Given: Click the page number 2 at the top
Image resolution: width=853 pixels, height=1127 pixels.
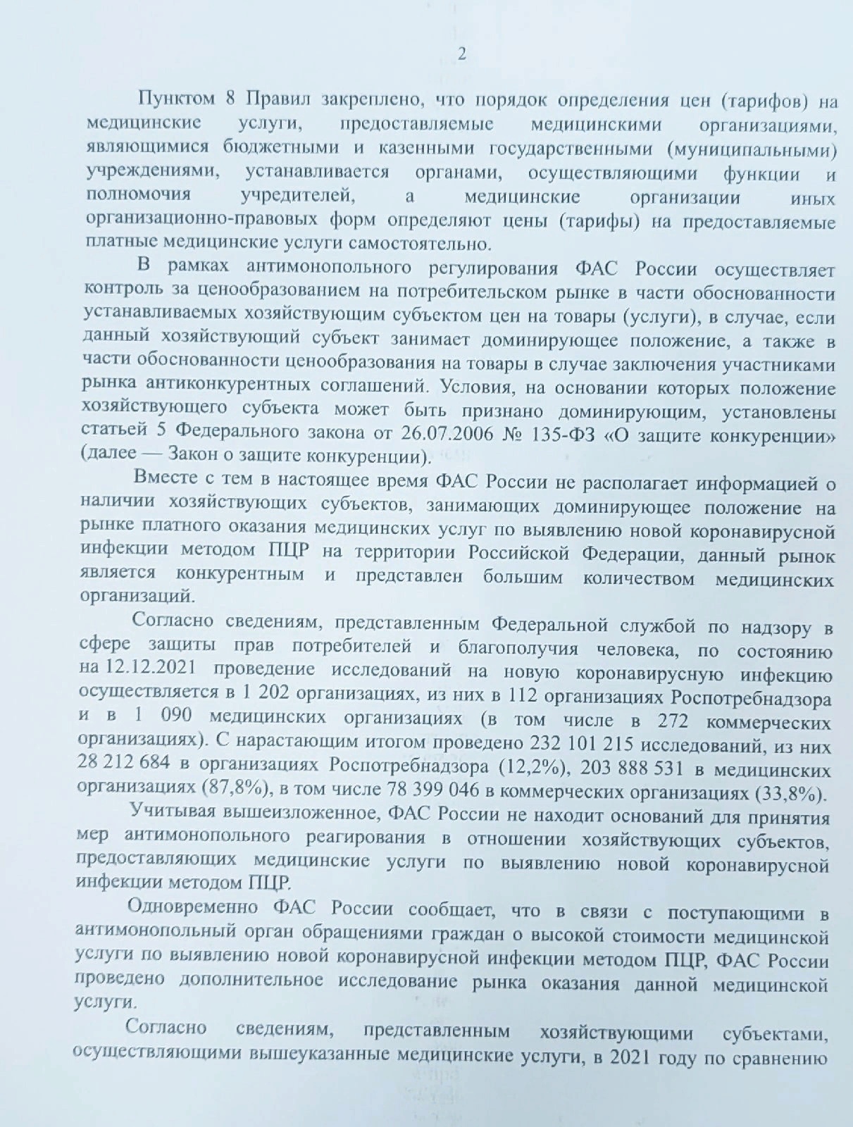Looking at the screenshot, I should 462,55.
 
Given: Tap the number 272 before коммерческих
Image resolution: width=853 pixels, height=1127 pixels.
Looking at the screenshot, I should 672,721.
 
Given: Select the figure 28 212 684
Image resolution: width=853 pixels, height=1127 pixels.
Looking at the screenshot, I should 124,763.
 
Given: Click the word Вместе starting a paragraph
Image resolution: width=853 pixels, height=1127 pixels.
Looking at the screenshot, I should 164,480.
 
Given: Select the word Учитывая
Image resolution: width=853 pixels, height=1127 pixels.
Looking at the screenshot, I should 172,812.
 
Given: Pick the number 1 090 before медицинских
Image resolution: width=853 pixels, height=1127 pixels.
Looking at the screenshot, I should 161,716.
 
